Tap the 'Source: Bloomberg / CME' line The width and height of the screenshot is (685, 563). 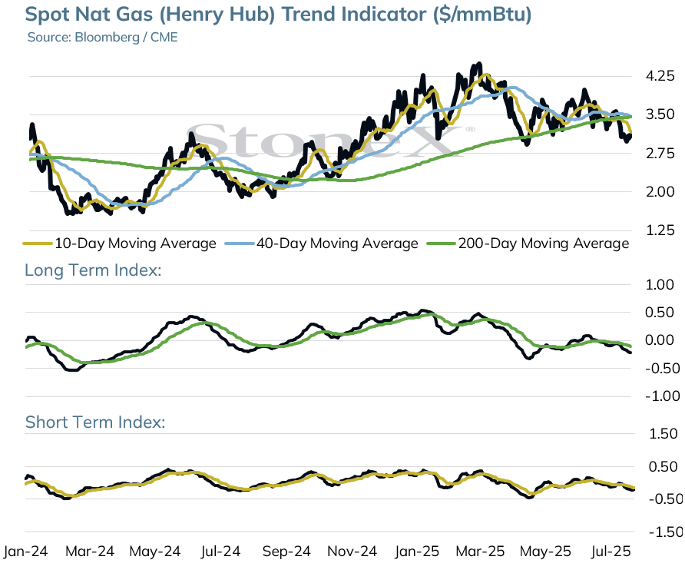[x=103, y=37]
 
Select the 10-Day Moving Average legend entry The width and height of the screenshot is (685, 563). [x=119, y=243]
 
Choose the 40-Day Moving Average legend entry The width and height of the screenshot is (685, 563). [x=321, y=243]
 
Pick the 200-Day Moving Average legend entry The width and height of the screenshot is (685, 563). [x=528, y=243]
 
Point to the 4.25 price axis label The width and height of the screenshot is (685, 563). [x=660, y=76]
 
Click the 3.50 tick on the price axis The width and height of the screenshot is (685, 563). [x=660, y=114]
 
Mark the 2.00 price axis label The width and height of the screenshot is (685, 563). [x=660, y=191]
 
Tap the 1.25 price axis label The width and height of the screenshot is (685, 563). [x=660, y=230]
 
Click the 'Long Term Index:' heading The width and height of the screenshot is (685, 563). [x=93, y=270]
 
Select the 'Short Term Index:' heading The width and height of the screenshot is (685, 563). [x=95, y=422]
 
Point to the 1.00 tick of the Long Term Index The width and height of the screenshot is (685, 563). [x=660, y=285]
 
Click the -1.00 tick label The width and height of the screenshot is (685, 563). [x=662, y=396]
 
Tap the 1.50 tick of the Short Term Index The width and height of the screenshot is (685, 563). [x=663, y=434]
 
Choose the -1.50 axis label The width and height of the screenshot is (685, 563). [x=666, y=532]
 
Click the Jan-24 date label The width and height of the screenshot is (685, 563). [x=25, y=551]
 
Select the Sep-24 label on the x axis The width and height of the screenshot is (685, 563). [x=286, y=551]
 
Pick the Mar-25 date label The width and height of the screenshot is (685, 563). [x=480, y=551]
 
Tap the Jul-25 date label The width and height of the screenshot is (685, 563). [x=611, y=551]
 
